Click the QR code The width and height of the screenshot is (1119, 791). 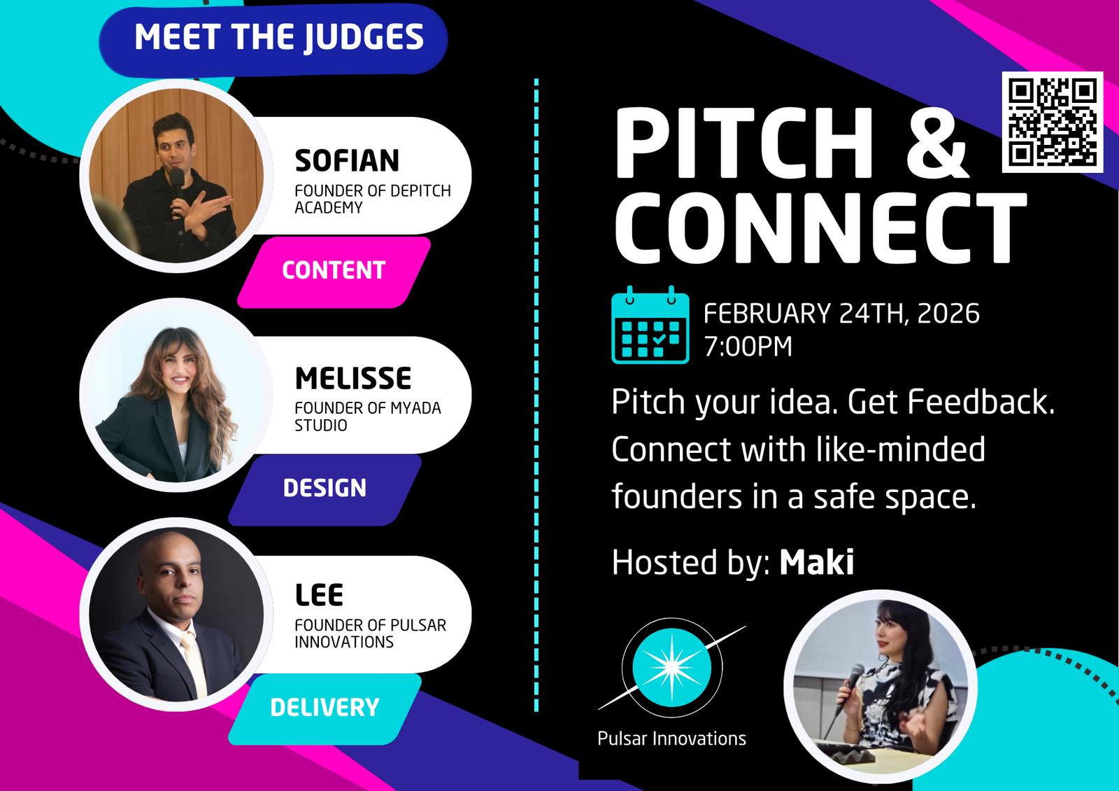(x=1053, y=122)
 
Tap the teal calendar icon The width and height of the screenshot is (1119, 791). (x=650, y=325)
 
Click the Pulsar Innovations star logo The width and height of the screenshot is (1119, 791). (x=672, y=668)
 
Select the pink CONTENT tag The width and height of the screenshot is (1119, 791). (x=334, y=272)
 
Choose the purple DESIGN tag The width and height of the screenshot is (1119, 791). (x=325, y=489)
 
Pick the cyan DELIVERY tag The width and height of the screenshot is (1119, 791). (x=325, y=708)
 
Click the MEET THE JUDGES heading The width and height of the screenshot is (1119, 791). (x=279, y=38)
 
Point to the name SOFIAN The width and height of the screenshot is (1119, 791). (x=347, y=160)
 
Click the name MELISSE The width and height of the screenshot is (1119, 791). (x=352, y=378)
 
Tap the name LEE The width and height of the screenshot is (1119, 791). (x=319, y=595)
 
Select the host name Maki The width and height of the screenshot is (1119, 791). (x=817, y=562)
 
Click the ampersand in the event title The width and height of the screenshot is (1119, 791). (x=936, y=143)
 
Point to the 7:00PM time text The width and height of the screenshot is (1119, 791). (x=748, y=346)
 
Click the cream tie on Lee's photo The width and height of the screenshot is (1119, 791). (x=194, y=662)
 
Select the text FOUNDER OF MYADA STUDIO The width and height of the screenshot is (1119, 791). (x=368, y=416)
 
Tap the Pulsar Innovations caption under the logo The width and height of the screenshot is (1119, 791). (x=671, y=738)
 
